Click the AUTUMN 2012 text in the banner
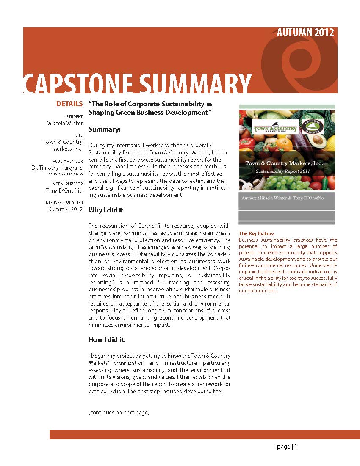click(x=305, y=33)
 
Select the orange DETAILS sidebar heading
click(x=69, y=104)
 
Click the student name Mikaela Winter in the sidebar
click(x=64, y=123)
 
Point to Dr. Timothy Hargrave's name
click(x=57, y=168)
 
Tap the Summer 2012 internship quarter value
click(x=65, y=209)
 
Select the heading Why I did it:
click(x=107, y=210)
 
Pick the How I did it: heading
click(x=107, y=339)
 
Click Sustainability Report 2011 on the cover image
click(x=281, y=171)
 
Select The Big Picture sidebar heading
click(x=256, y=234)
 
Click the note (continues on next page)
click(x=119, y=412)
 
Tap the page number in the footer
click(x=287, y=447)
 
